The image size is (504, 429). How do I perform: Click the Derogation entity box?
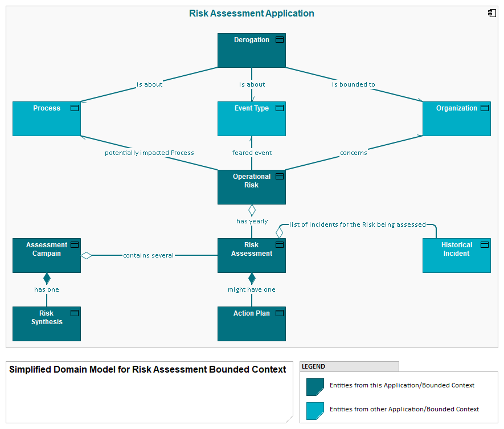point(251,50)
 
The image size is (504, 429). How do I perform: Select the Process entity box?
point(47,119)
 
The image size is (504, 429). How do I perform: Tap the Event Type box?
point(251,119)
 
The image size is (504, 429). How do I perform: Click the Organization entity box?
point(456,119)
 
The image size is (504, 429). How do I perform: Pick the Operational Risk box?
point(251,187)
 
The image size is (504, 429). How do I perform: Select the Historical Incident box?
point(456,255)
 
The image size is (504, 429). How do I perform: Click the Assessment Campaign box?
point(47,255)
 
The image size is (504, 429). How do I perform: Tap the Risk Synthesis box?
point(47,324)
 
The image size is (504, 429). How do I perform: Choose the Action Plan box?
point(251,324)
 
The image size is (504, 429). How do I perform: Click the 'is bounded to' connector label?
point(354,84)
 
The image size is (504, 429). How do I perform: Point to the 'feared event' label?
point(252,153)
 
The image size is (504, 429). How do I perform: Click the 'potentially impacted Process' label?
point(149,153)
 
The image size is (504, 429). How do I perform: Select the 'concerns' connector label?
point(354,153)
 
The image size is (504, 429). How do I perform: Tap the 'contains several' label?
point(148,255)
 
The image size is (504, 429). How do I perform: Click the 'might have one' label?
point(252,289)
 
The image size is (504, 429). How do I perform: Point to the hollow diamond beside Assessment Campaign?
point(87,255)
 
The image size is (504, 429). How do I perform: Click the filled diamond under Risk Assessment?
point(252,279)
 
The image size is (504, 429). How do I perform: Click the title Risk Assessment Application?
point(251,13)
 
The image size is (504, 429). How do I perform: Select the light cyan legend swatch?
point(315,411)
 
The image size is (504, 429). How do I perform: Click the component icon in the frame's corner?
point(491,13)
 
